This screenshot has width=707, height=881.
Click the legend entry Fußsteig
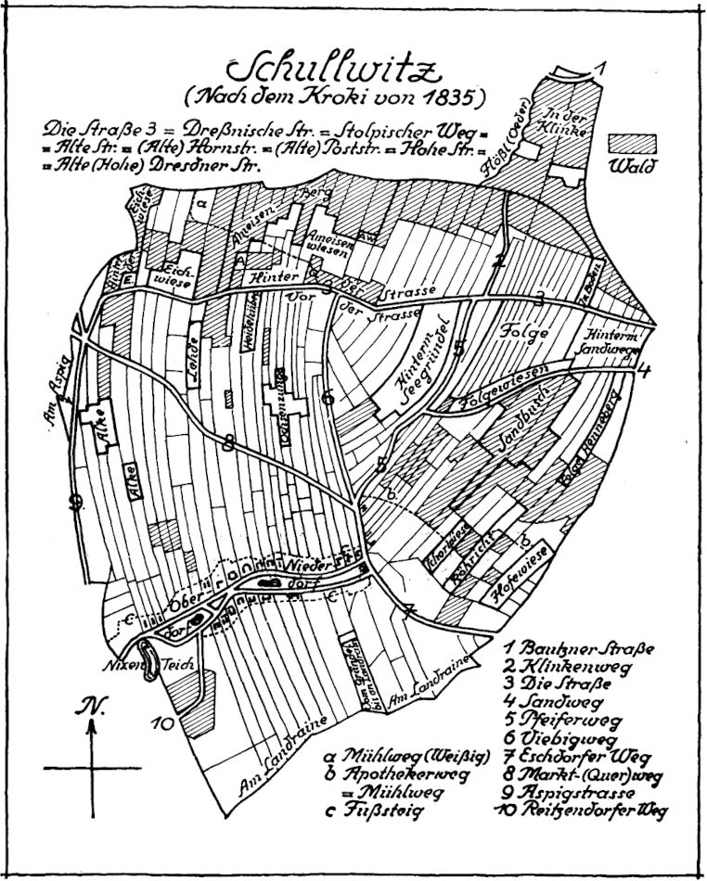pos(371,810)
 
